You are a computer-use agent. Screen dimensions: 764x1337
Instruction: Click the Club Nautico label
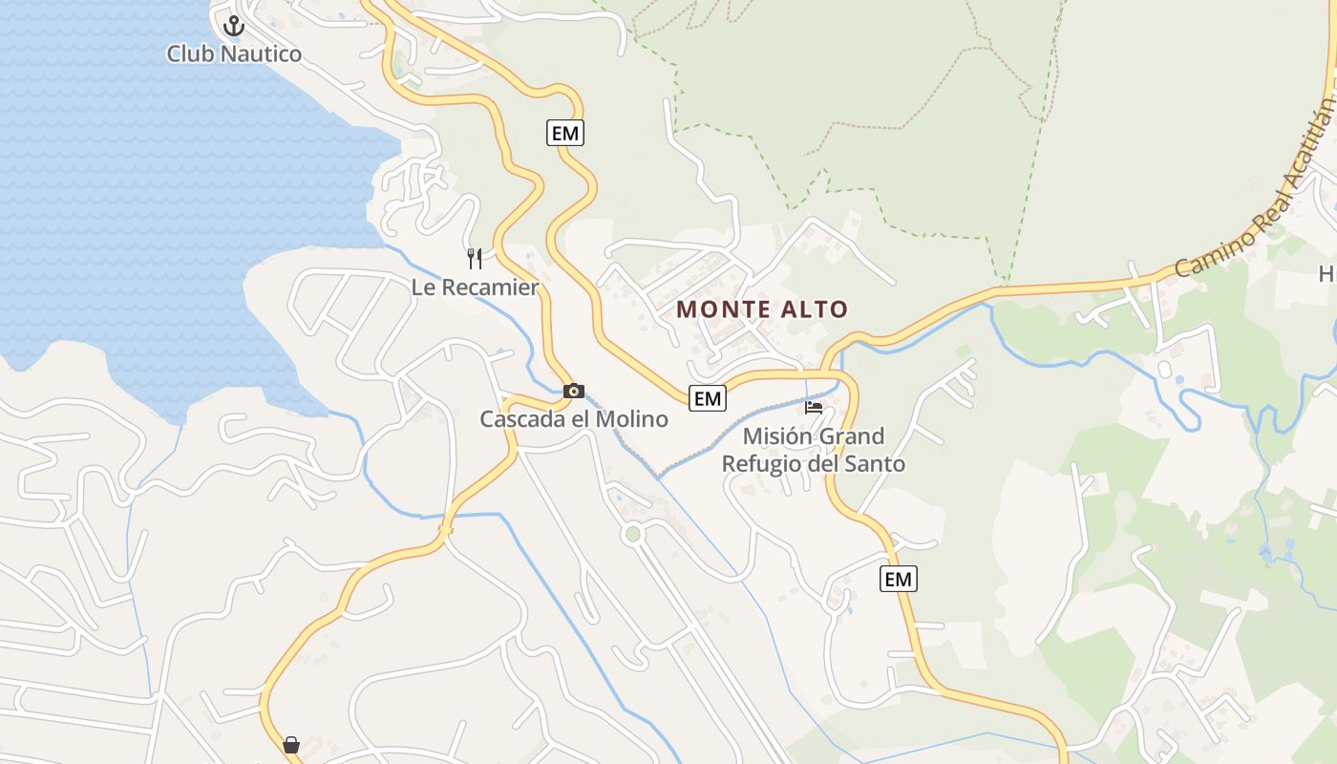(234, 53)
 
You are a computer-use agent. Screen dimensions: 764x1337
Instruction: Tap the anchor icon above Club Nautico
(234, 27)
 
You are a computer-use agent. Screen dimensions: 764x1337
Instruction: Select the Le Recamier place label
(475, 286)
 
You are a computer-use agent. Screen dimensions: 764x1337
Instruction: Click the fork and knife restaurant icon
(475, 258)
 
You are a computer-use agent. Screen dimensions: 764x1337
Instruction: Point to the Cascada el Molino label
(573, 418)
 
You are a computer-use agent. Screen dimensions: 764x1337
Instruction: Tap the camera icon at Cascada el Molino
(573, 391)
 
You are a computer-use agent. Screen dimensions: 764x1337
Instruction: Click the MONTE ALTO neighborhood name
(762, 309)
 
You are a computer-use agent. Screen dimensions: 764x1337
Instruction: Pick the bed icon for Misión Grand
(814, 407)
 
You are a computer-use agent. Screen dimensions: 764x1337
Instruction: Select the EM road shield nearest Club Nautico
(565, 133)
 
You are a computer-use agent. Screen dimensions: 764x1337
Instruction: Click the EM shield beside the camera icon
(708, 398)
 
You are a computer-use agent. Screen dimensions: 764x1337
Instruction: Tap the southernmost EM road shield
(898, 579)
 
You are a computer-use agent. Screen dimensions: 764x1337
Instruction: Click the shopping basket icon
(291, 744)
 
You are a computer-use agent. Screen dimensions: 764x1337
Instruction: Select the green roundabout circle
(632, 534)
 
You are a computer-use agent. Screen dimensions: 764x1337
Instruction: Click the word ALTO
(812, 309)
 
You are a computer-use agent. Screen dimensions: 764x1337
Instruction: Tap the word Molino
(631, 418)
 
